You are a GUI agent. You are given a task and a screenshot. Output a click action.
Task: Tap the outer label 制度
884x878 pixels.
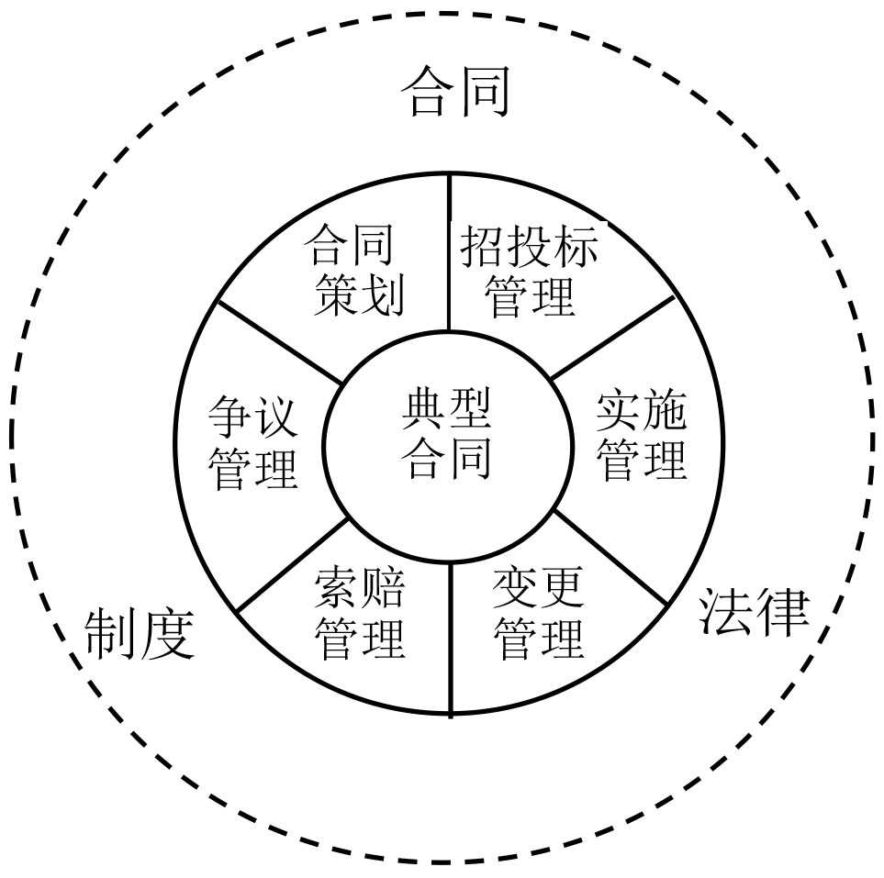[140, 634]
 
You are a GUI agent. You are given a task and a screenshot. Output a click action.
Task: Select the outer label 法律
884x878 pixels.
[755, 612]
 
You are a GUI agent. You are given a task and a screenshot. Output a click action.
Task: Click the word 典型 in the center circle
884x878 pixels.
[447, 410]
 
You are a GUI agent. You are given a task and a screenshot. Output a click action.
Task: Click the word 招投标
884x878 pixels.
[529, 246]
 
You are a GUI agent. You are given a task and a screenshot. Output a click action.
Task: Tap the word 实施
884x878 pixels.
[641, 413]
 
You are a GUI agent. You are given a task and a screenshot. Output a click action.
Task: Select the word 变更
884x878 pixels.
[539, 588]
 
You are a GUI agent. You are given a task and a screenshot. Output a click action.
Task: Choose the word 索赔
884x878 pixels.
[359, 588]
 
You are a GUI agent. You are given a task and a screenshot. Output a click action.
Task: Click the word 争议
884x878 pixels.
[252, 417]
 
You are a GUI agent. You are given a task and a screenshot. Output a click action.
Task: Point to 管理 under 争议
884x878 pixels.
[252, 467]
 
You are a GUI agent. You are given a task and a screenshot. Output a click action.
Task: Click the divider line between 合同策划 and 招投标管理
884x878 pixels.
[450, 252]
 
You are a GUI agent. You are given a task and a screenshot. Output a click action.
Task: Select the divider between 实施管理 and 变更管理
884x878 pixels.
[610, 559]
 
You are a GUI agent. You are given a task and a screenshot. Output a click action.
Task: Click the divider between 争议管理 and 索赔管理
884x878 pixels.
[291, 564]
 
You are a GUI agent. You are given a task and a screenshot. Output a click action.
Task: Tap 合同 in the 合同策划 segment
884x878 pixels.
[351, 246]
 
